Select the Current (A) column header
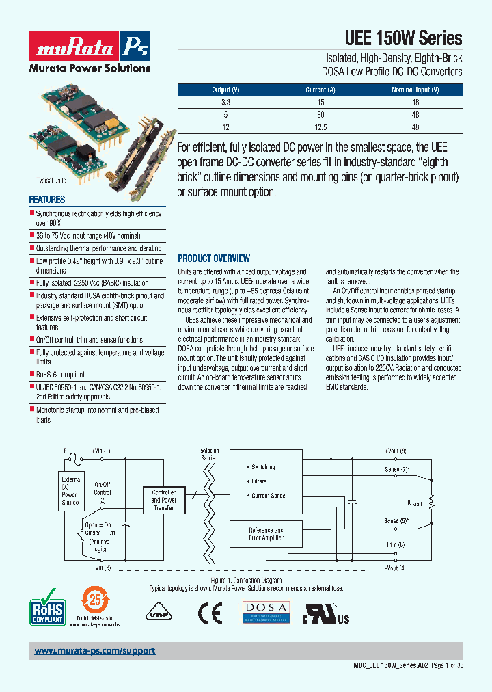click(320, 90)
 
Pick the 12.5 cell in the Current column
click(320, 127)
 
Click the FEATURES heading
click(47, 200)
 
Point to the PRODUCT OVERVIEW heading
click(214, 258)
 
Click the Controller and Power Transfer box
click(164, 500)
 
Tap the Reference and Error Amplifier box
click(265, 534)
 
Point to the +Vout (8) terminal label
click(396, 451)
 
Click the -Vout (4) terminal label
click(395, 568)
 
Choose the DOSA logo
click(266, 612)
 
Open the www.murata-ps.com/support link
click(95, 651)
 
